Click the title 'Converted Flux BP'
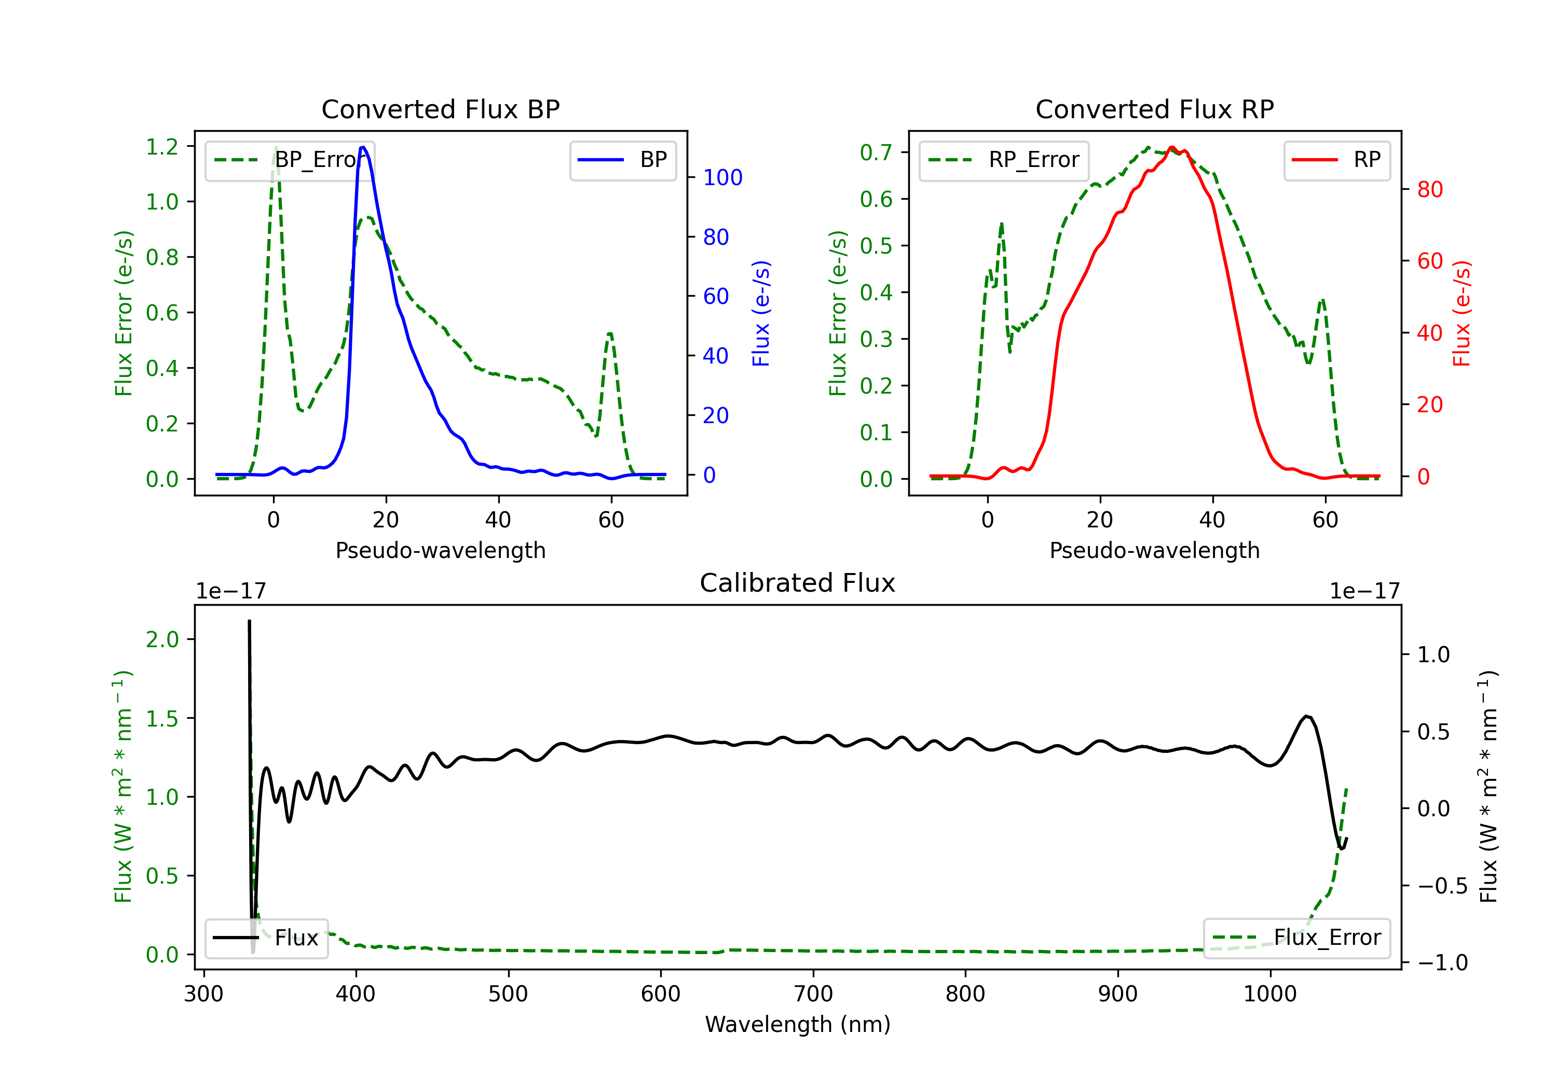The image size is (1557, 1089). pyautogui.click(x=440, y=109)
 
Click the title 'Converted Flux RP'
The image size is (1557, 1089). pyautogui.click(x=1154, y=109)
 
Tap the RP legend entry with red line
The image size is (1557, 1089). pyautogui.click(x=1336, y=160)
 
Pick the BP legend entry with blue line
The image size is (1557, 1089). pyautogui.click(x=622, y=160)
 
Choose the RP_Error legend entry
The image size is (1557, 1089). pyautogui.click(x=1004, y=160)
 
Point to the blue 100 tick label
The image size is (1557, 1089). pyautogui.click(x=722, y=177)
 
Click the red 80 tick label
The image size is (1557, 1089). pyautogui.click(x=1429, y=190)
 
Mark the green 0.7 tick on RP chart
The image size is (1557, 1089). pyautogui.click(x=876, y=152)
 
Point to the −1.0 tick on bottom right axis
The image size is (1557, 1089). pyautogui.click(x=1442, y=963)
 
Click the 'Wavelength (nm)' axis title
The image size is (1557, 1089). pyautogui.click(x=798, y=1024)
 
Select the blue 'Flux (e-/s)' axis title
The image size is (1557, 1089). pyautogui.click(x=761, y=313)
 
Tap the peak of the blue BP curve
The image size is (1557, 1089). pyautogui.click(x=363, y=147)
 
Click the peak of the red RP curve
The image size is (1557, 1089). pyautogui.click(x=1172, y=147)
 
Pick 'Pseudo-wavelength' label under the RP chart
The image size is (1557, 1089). pyautogui.click(x=1154, y=550)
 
